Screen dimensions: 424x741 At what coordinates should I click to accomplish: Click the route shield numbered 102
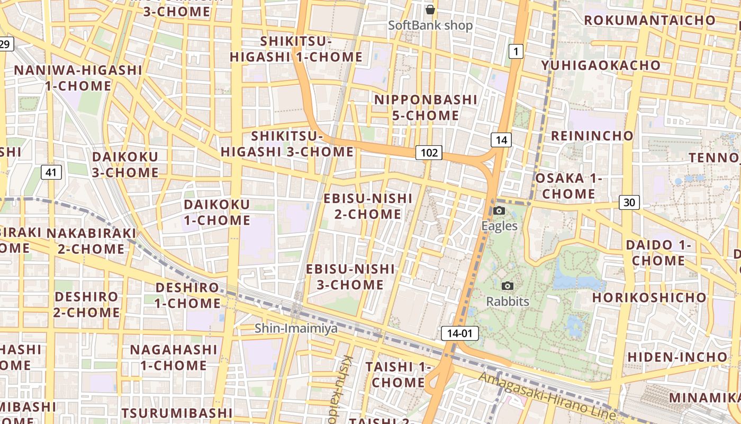point(429,153)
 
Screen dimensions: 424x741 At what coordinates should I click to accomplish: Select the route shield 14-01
point(459,333)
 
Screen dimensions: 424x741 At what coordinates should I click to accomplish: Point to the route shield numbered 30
point(629,202)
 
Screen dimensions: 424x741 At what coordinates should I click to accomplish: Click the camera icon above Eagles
point(499,211)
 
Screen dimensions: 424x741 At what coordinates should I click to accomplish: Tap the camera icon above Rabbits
point(508,286)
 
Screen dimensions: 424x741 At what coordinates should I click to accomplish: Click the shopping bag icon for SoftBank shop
point(430,10)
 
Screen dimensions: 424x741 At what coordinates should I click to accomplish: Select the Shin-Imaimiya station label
point(296,329)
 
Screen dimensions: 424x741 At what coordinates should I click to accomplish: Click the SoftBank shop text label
point(430,25)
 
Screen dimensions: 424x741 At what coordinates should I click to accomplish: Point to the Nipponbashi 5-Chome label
point(426,108)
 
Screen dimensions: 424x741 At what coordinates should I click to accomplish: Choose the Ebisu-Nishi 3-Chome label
point(350,277)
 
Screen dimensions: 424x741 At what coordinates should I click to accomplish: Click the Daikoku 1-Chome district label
point(217,212)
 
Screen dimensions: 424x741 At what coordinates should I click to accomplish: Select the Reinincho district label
point(592,136)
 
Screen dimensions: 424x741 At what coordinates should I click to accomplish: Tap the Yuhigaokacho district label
point(601,65)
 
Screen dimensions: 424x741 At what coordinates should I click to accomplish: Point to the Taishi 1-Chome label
point(396,374)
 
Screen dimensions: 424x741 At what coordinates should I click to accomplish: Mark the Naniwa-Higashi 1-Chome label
point(78,78)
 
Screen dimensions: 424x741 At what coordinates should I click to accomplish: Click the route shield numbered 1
point(516,51)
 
